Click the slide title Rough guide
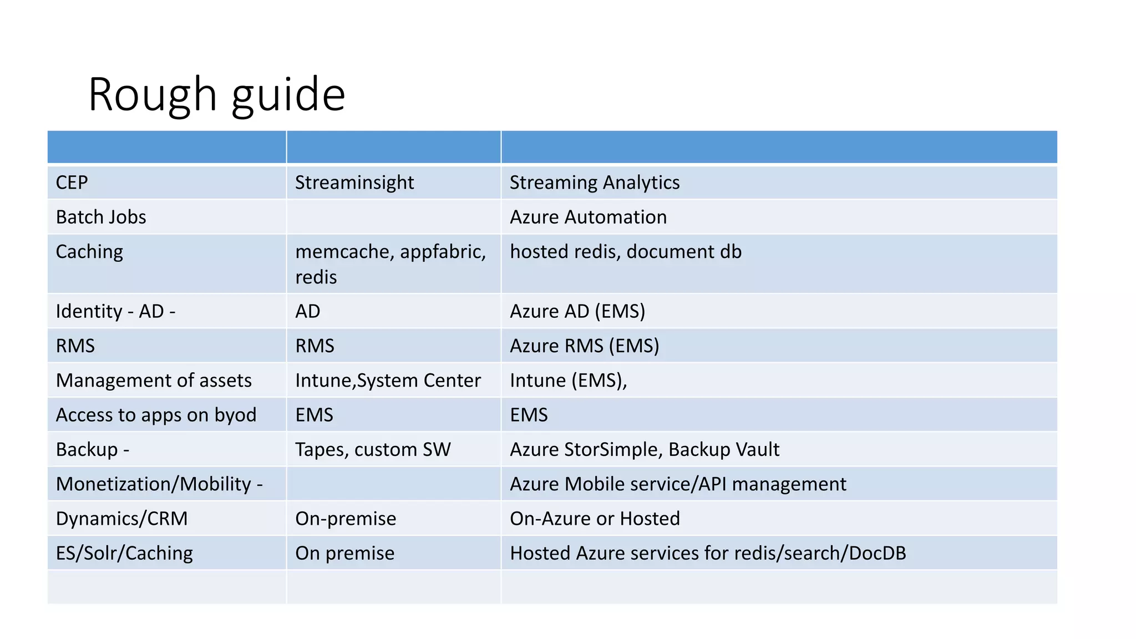point(216,94)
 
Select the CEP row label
point(72,182)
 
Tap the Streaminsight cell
point(354,182)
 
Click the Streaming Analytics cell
point(594,182)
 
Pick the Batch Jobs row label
point(101,217)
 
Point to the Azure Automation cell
point(588,217)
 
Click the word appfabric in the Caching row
point(443,252)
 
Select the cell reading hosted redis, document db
point(625,252)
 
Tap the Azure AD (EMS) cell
point(577,311)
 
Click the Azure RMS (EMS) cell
point(584,346)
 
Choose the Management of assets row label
point(154,381)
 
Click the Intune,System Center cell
point(388,381)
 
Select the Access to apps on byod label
point(156,415)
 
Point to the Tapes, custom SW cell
point(373,449)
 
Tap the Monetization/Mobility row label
point(159,484)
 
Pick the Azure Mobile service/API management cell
point(678,484)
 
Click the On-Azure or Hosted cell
point(595,519)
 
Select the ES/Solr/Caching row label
point(124,553)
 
